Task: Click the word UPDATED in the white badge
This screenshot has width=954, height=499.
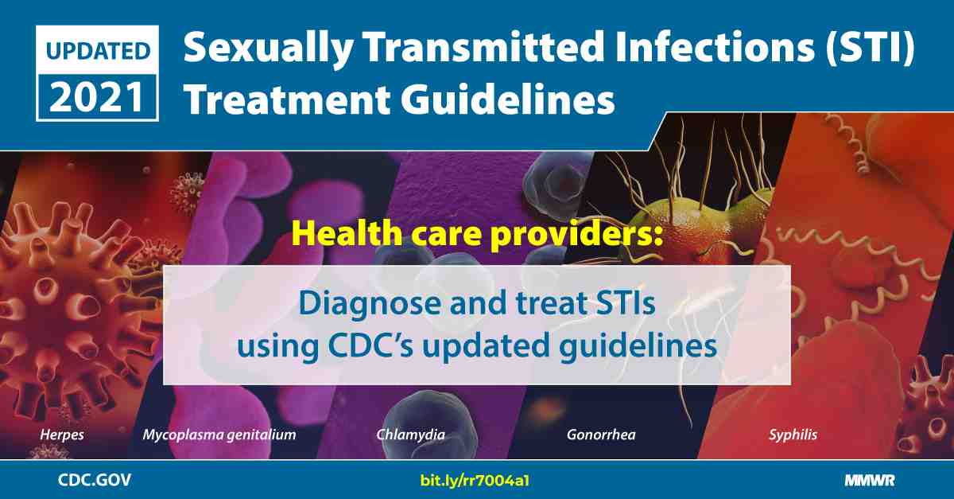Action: pyautogui.click(x=98, y=51)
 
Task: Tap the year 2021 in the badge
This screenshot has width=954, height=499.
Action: pyautogui.click(x=97, y=98)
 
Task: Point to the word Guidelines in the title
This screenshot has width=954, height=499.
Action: pyautogui.click(x=507, y=99)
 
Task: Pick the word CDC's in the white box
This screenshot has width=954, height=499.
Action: pyautogui.click(x=370, y=345)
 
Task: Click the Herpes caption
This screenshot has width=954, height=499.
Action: pyautogui.click(x=62, y=435)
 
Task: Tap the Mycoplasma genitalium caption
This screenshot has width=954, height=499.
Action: pyautogui.click(x=219, y=435)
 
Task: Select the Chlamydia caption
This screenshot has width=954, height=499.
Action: pyautogui.click(x=410, y=435)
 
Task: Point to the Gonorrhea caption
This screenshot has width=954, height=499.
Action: pyautogui.click(x=601, y=435)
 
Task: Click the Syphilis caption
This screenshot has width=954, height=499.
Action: pyautogui.click(x=793, y=435)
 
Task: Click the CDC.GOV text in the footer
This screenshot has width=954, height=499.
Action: pyautogui.click(x=95, y=480)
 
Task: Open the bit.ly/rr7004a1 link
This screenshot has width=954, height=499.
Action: pyautogui.click(x=475, y=481)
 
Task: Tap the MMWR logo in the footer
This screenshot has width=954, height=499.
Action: pyautogui.click(x=870, y=481)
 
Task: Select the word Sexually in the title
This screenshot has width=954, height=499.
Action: pyautogui.click(x=269, y=49)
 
